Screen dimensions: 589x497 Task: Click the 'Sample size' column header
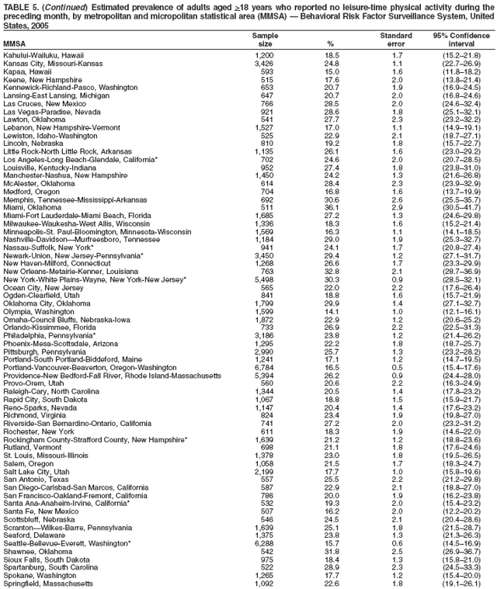265,40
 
